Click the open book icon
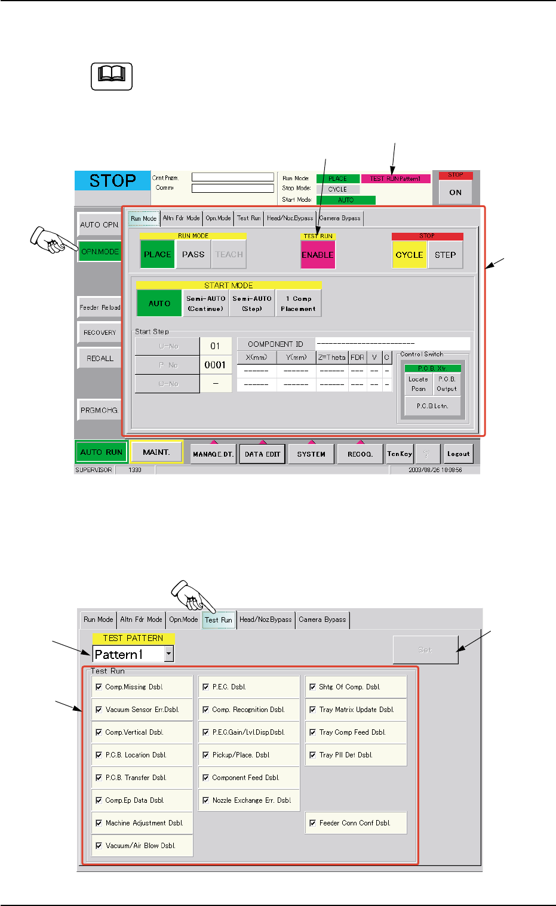112,76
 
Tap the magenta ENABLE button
318,255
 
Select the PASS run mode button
193,254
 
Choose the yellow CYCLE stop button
409,255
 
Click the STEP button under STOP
445,255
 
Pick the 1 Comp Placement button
298,303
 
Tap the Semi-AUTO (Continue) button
205,303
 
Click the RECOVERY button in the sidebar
100,332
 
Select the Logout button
458,454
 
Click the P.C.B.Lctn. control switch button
432,406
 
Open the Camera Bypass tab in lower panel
322,620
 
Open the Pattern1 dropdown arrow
169,655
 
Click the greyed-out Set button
425,650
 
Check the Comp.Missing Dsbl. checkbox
99,687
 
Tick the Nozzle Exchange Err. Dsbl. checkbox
205,800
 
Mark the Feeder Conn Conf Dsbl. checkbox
312,823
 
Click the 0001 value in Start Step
215,365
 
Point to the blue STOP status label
112,180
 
